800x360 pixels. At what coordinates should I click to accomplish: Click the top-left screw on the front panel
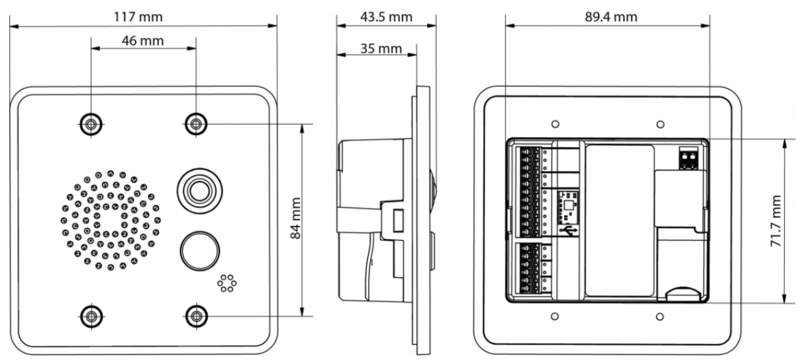click(x=91, y=123)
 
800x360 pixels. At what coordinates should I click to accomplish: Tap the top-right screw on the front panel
click(x=196, y=123)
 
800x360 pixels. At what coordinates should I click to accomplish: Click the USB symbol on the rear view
click(x=569, y=230)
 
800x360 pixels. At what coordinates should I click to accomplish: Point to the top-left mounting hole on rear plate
click(x=553, y=125)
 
